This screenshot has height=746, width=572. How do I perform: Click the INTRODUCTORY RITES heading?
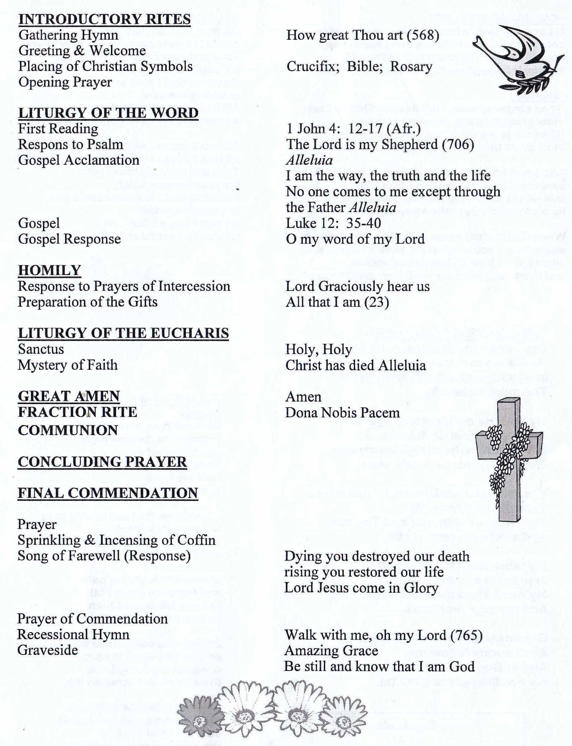104,19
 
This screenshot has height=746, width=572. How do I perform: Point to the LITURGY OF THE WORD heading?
108,113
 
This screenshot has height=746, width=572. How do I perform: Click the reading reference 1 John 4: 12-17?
332,129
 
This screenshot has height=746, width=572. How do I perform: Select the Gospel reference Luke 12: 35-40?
333,223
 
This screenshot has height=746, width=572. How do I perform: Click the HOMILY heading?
49,270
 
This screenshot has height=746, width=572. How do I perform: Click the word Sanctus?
41,349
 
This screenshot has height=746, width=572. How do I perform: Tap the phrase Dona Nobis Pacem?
342,413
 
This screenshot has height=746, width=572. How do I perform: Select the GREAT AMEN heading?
69,396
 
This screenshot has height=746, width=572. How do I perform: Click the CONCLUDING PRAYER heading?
102,462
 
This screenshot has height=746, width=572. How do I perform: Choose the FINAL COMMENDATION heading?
108,493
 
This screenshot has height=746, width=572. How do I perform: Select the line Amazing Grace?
331,651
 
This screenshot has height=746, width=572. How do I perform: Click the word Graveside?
48,650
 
